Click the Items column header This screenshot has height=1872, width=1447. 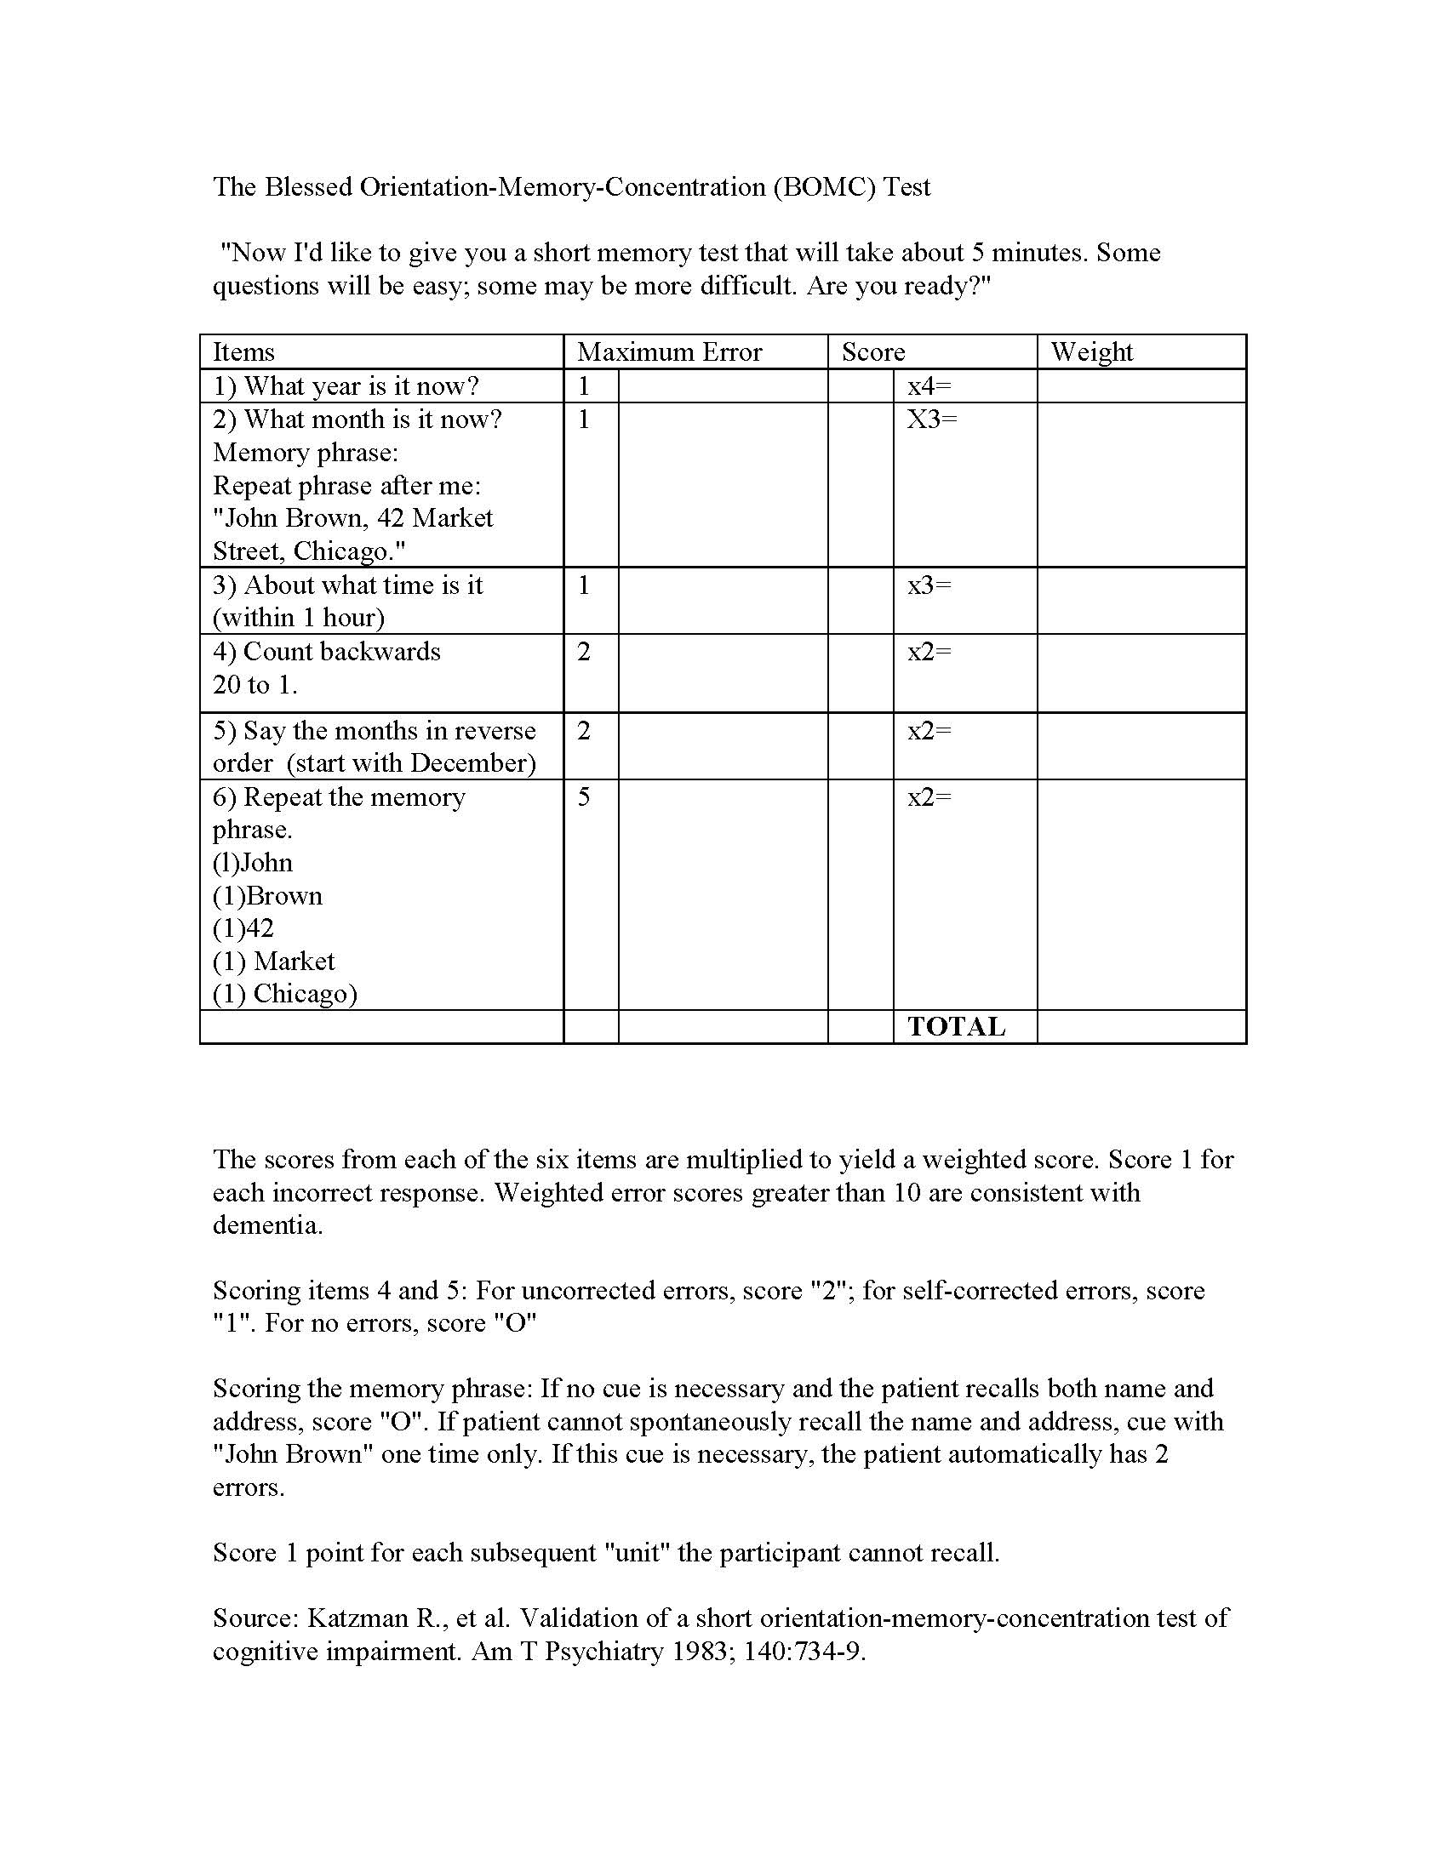point(243,352)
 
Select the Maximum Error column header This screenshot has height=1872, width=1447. point(669,352)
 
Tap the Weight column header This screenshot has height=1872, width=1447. point(1091,352)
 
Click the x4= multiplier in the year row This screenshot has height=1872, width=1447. point(929,386)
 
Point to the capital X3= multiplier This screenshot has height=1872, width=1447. point(932,419)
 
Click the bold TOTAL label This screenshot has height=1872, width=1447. point(956,1027)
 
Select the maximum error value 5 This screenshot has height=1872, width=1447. point(584,797)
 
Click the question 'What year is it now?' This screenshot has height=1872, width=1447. point(346,386)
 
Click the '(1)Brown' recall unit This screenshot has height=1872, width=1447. point(267,896)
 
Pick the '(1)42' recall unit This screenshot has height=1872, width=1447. point(243,928)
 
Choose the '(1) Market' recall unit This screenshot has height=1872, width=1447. point(273,962)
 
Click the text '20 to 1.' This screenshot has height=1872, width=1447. point(255,685)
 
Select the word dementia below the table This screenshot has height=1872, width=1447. point(267,1224)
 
